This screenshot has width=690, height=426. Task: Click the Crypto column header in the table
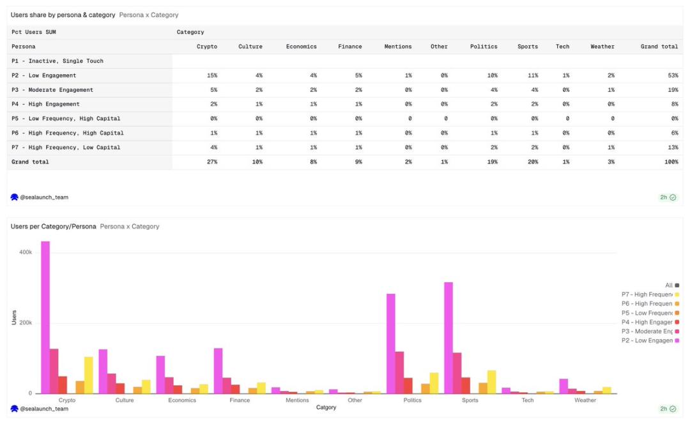point(207,47)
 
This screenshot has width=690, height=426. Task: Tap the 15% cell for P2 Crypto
point(212,75)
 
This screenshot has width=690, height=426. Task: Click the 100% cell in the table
point(671,162)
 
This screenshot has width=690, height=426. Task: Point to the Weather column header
point(602,47)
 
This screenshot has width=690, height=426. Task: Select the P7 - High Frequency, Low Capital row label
point(66,148)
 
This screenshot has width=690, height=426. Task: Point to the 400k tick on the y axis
point(26,253)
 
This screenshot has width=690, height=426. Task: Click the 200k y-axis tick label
point(26,323)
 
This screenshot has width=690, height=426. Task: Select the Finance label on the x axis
point(240,400)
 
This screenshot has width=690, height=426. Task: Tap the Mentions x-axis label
point(297,400)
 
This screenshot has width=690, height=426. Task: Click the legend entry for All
point(671,285)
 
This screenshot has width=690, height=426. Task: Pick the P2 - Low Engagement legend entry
point(650,340)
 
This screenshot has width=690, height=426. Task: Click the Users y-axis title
point(14,317)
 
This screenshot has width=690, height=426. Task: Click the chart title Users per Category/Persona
point(54,227)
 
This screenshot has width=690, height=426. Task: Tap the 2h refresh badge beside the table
point(668,197)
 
